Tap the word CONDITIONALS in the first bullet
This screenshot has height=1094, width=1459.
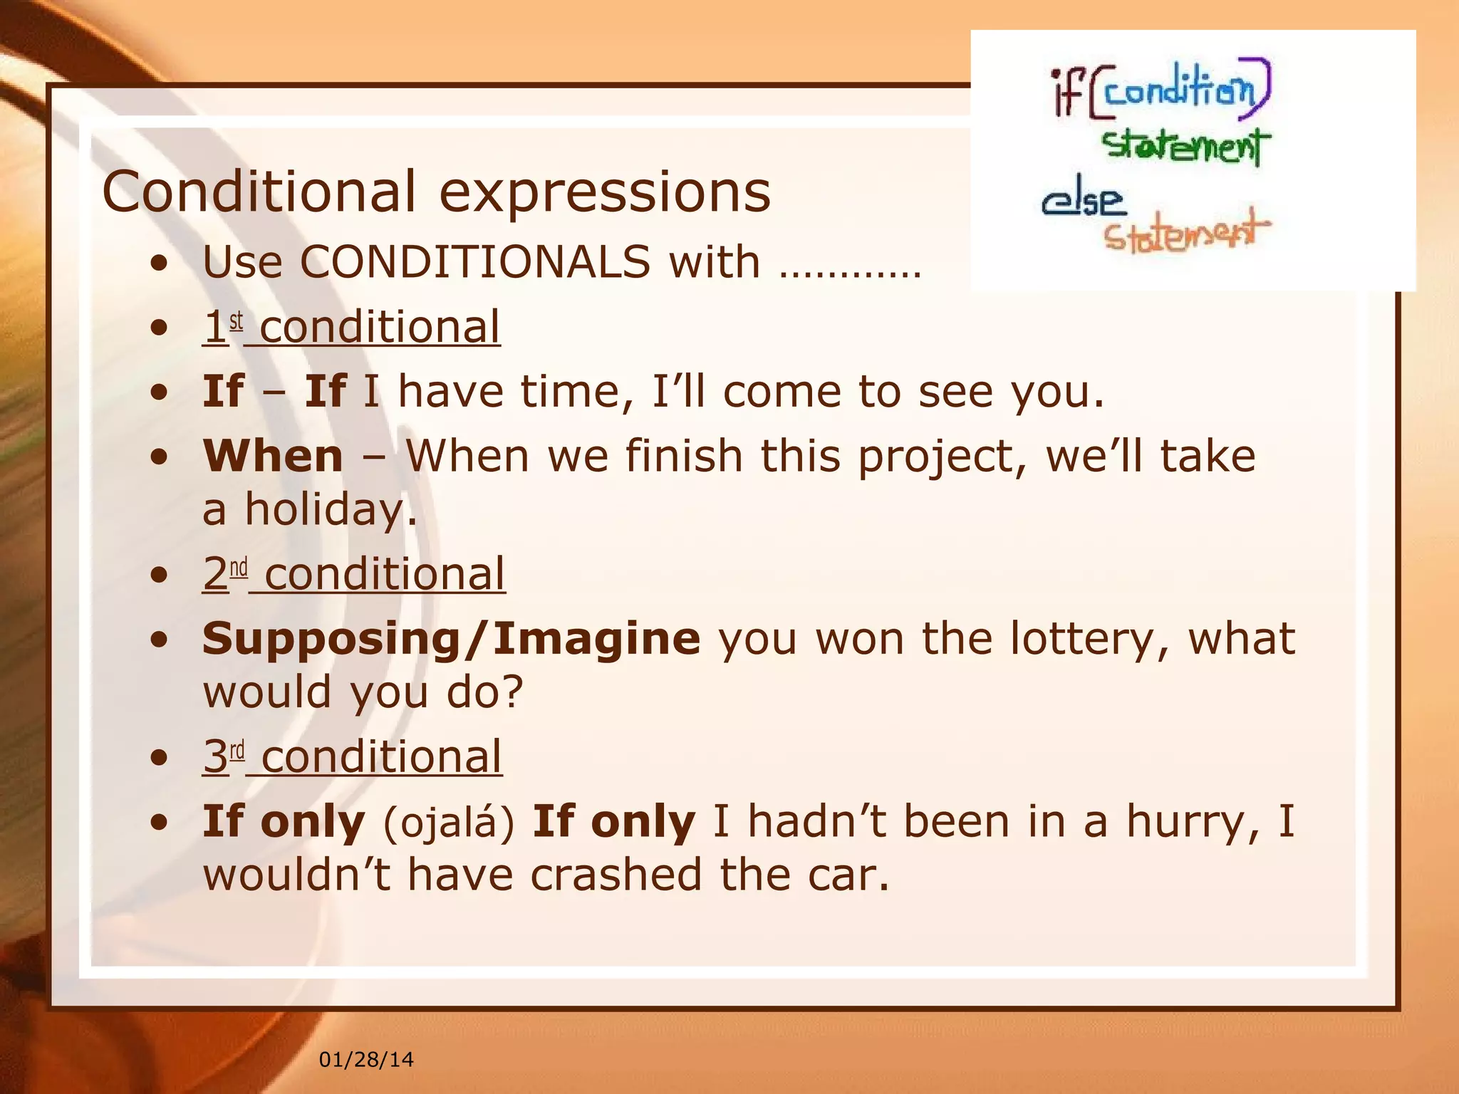point(474,261)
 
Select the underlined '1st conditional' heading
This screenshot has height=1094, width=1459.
point(351,327)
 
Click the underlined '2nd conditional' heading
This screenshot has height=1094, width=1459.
point(354,573)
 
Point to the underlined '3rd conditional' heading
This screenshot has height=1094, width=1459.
point(353,756)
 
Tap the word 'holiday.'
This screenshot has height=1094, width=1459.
point(331,510)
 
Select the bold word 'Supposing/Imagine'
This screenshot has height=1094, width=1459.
point(451,638)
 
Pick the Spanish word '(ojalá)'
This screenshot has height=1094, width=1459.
point(449,822)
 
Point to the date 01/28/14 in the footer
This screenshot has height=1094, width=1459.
point(366,1060)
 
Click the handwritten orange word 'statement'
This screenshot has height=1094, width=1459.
point(1186,232)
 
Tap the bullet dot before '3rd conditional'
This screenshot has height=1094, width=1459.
point(160,758)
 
